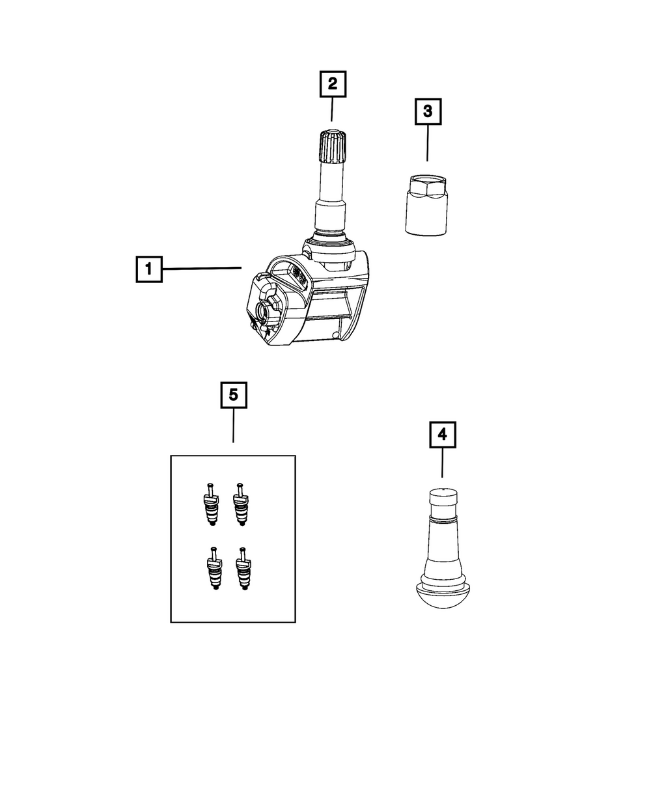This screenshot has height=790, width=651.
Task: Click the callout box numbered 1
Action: pyautogui.click(x=148, y=269)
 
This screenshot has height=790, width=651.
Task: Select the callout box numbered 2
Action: pyautogui.click(x=333, y=83)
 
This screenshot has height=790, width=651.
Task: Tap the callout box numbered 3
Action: pyautogui.click(x=428, y=111)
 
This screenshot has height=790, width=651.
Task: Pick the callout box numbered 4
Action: pyautogui.click(x=443, y=435)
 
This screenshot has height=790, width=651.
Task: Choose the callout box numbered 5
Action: pyautogui.click(x=234, y=395)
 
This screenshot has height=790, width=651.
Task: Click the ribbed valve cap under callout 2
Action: pyautogui.click(x=333, y=145)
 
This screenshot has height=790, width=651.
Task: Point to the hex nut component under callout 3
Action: pyautogui.click(x=426, y=205)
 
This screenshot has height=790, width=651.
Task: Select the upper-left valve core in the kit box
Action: pyautogui.click(x=212, y=504)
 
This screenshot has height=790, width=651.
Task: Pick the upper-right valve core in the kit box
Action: pyautogui.click(x=240, y=504)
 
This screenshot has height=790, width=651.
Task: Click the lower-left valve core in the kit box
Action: pyautogui.click(x=215, y=569)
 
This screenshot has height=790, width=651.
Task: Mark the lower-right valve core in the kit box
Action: pyautogui.click(x=243, y=569)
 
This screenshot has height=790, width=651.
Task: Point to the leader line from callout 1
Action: pyautogui.click(x=202, y=268)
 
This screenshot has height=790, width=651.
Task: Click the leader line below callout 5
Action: pyautogui.click(x=234, y=426)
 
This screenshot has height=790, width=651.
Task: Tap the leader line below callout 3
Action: pyautogui.click(x=428, y=143)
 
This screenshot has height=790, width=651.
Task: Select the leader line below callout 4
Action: pyautogui.click(x=442, y=463)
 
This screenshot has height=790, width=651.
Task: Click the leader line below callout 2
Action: pyautogui.click(x=332, y=109)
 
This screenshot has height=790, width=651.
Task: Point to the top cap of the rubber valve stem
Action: pyautogui.click(x=443, y=498)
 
